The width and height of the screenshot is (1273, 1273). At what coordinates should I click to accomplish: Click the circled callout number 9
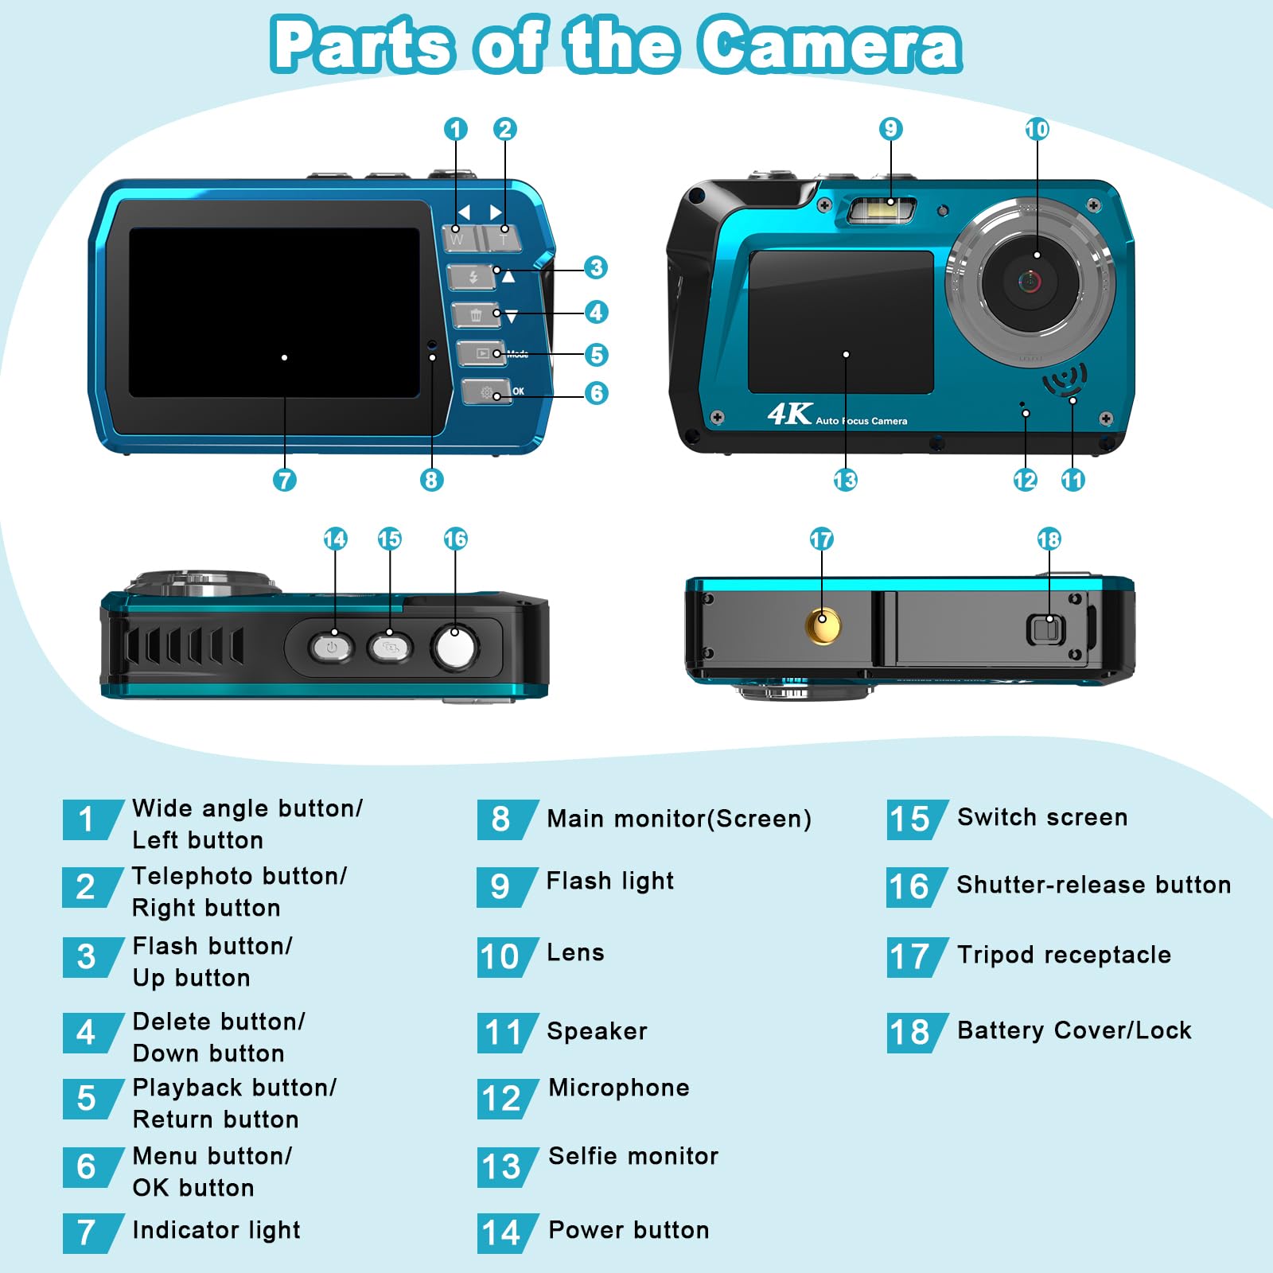tap(890, 129)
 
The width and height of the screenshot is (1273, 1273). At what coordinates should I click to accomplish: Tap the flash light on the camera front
tap(882, 211)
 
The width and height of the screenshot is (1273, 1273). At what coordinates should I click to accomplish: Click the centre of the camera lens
tap(1030, 280)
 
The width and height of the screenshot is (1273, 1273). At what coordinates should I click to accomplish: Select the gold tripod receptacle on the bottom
tap(822, 625)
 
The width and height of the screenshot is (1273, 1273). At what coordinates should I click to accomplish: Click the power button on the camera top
tap(332, 647)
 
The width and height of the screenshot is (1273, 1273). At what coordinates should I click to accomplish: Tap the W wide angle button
tap(461, 237)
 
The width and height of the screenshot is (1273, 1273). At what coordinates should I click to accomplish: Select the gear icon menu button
tap(486, 392)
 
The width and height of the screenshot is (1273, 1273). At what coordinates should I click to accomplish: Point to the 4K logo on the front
tap(789, 414)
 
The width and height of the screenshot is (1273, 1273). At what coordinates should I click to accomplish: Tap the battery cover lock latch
tap(1045, 630)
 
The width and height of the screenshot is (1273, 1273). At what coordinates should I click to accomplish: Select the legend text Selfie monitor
tap(633, 1156)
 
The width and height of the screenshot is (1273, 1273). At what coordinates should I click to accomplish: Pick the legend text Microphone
tap(619, 1088)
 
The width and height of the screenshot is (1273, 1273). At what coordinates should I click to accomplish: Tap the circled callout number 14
tap(335, 539)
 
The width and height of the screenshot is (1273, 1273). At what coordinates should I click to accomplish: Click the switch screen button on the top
tap(390, 647)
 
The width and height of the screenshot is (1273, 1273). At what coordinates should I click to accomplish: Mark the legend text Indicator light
tap(216, 1230)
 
